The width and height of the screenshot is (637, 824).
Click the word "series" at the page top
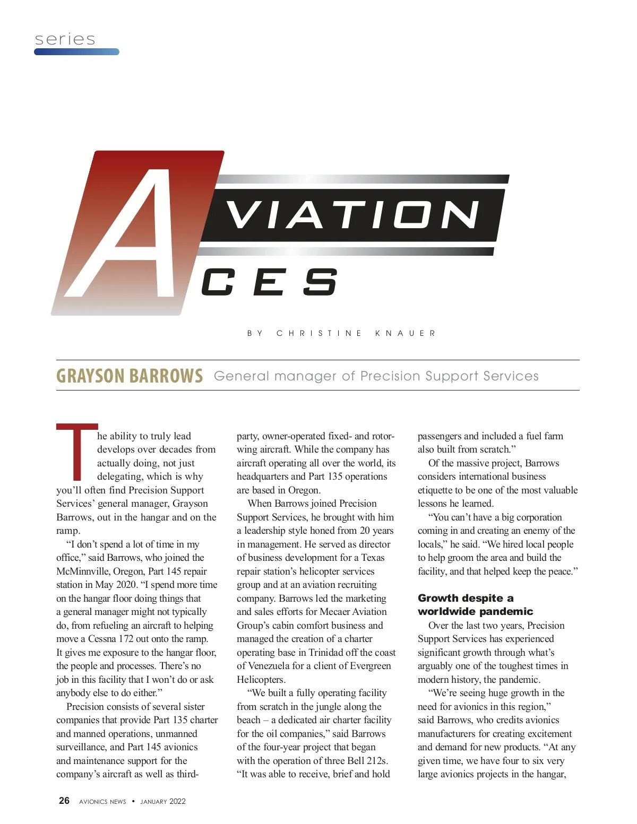65,39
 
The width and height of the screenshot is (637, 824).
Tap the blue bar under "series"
76,52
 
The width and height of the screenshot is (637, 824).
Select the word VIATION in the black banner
353,215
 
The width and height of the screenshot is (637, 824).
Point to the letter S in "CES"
320,282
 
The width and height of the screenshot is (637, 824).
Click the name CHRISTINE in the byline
319,333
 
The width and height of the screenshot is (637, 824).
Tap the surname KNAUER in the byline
406,333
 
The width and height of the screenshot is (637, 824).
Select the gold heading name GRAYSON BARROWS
130,376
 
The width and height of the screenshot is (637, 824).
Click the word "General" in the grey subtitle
242,376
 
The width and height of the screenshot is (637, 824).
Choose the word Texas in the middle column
373,558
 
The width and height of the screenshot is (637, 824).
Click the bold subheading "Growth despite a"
466,598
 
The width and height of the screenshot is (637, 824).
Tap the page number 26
64,801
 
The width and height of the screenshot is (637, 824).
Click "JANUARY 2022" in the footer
163,802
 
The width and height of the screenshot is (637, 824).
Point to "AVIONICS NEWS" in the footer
102,802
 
